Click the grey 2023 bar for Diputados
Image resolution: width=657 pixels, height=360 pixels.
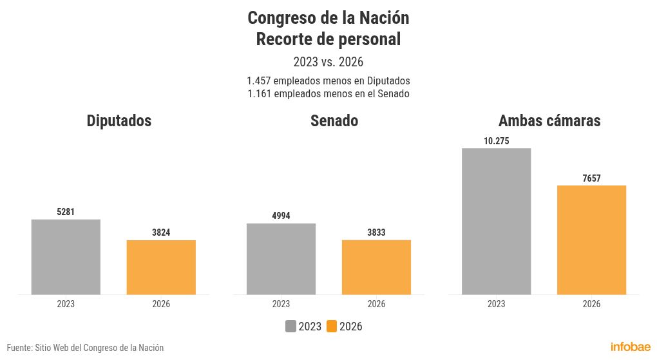66,257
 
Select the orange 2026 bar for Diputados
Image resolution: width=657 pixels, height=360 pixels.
161,267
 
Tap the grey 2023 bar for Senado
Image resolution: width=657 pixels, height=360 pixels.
281,259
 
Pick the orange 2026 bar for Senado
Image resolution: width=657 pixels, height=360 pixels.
376,267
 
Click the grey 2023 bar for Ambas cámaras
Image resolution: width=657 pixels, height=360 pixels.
497,222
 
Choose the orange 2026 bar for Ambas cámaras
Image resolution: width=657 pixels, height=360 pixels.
592,240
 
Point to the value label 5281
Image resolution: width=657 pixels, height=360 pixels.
66,212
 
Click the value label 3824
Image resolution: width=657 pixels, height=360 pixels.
161,232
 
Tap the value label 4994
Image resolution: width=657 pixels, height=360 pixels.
281,216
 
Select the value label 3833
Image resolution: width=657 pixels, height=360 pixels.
376,232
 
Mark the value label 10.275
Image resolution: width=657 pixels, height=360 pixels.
497,141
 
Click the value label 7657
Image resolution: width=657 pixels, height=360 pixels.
592,178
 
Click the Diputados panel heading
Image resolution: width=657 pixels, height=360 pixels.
119,120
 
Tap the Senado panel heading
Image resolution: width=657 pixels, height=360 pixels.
334,120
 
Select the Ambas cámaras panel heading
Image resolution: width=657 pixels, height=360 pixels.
549,120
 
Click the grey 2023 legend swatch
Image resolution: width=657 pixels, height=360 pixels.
290,327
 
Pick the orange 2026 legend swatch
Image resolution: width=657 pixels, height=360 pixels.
332,327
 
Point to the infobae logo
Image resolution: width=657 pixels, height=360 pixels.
631,347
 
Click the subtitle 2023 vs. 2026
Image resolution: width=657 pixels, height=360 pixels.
328,62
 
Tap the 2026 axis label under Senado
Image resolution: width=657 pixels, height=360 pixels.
376,304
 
